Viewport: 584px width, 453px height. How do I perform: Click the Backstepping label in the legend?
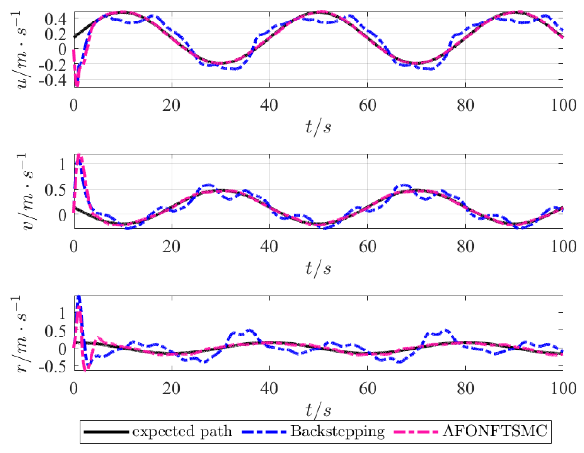[338, 432]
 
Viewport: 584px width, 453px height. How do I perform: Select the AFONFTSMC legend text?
[495, 432]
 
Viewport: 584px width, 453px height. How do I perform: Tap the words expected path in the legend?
[182, 432]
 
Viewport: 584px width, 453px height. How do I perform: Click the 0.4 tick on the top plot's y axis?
[55, 20]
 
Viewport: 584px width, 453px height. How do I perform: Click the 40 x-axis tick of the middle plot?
[269, 246]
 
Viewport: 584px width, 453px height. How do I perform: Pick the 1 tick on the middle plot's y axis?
[63, 164]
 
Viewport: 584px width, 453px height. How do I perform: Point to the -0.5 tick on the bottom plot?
[53, 367]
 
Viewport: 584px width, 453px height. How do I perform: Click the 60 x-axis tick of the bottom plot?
[368, 388]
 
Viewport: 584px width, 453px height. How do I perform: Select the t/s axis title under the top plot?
[318, 127]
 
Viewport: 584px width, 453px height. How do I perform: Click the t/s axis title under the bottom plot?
[318, 410]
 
